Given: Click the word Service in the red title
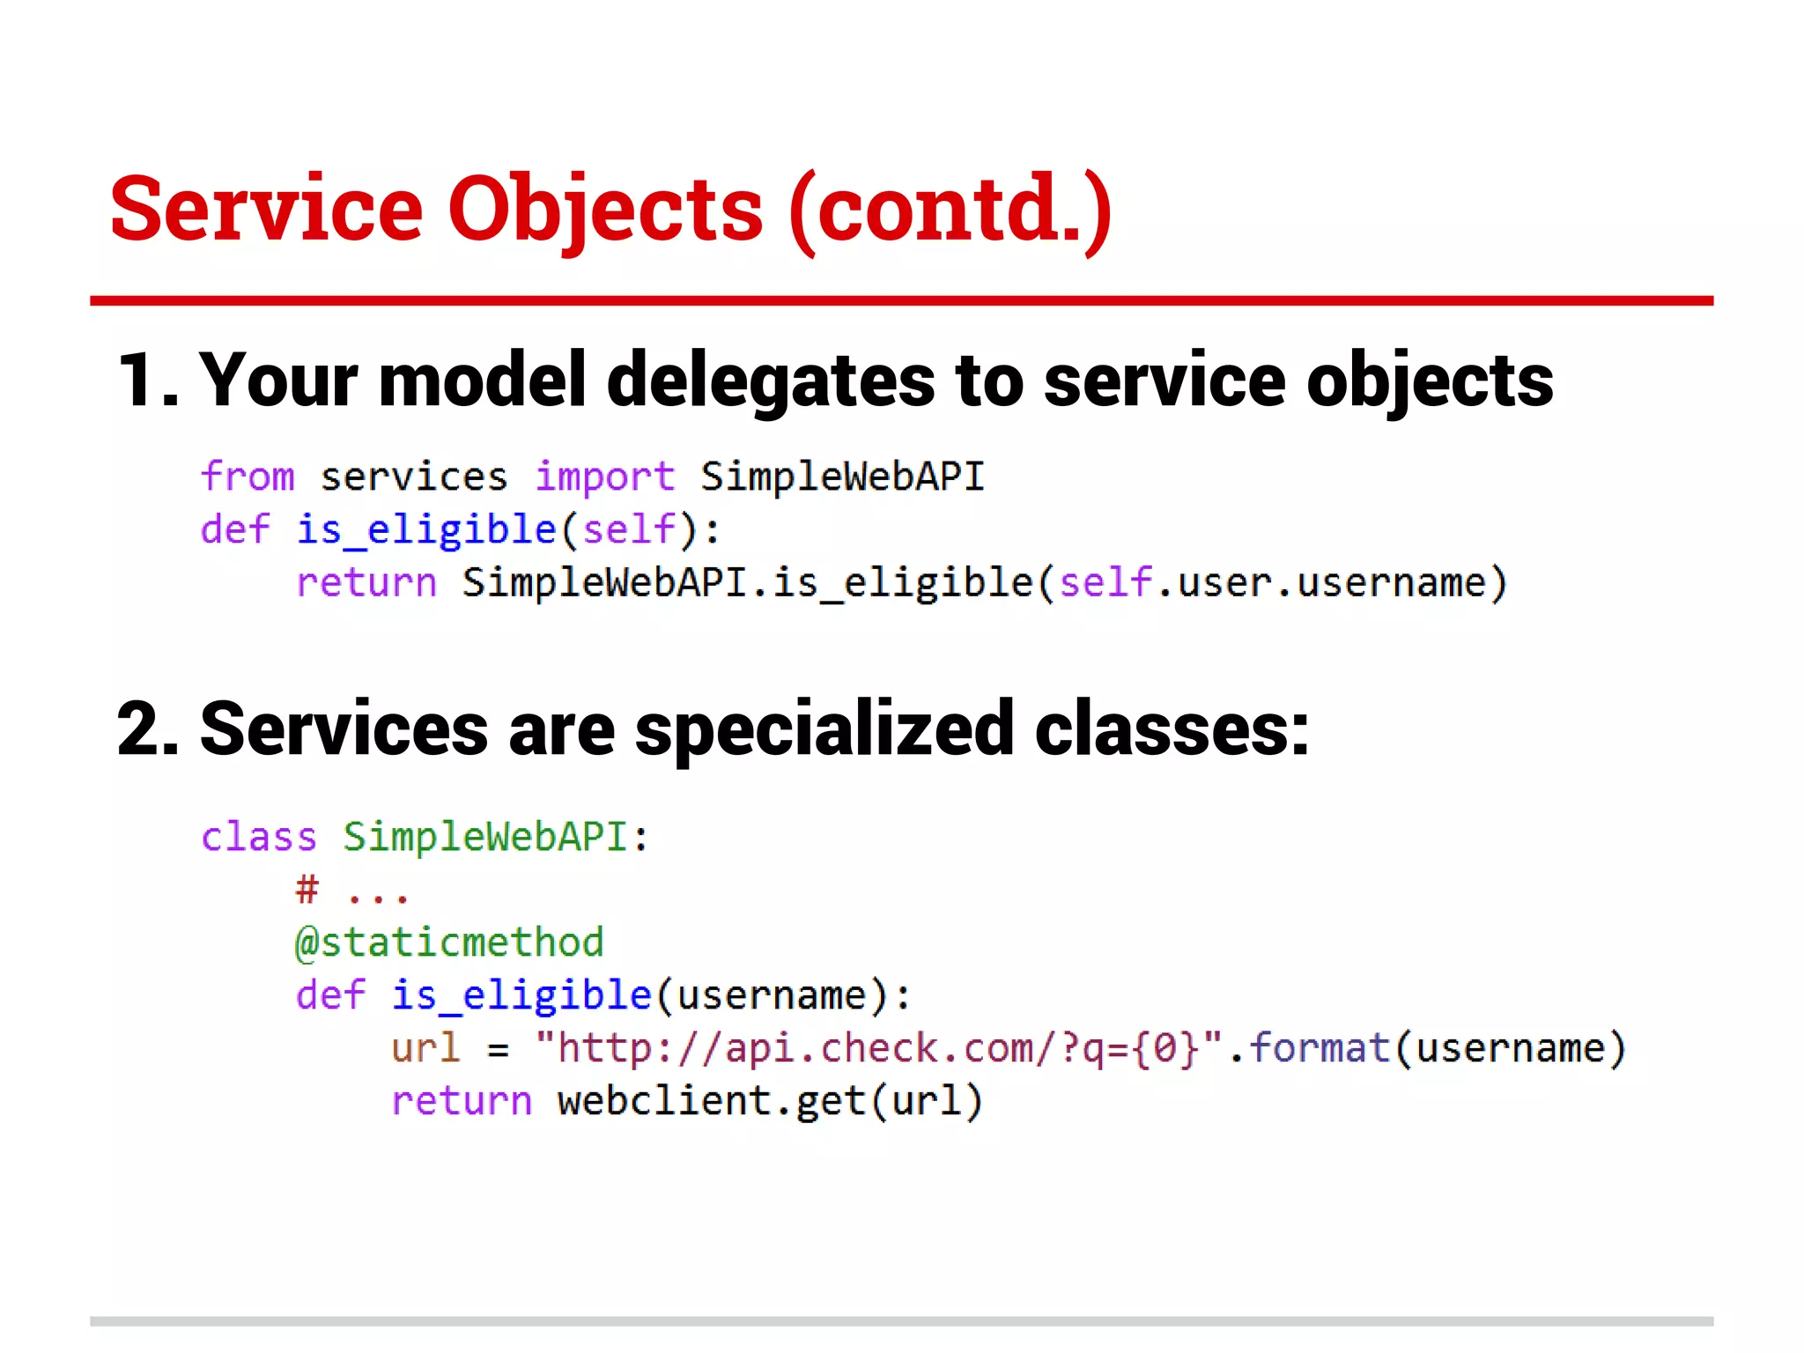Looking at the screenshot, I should click(x=267, y=209).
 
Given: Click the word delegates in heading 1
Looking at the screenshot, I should click(x=771, y=381).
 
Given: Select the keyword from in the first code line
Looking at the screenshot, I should click(x=248, y=477).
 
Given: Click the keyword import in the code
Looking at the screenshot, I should click(x=605, y=477).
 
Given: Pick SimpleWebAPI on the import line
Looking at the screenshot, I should click(x=842, y=477).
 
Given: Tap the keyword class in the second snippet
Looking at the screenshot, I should click(x=258, y=837).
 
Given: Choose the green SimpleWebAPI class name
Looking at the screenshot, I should click(x=484, y=837).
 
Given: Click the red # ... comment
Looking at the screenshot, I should click(x=351, y=891).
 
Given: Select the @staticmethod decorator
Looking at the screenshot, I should click(x=449, y=943).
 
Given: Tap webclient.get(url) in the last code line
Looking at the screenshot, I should click(x=769, y=1101).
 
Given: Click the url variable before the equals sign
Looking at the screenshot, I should click(x=425, y=1048).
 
